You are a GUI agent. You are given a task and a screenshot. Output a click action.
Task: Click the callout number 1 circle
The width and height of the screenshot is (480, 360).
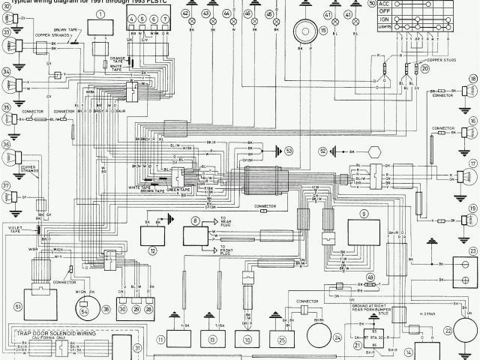click(99, 14)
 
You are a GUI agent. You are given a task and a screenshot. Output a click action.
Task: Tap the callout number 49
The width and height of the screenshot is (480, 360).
click(370, 277)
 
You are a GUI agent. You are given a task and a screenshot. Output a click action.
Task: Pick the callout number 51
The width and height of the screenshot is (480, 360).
click(19, 307)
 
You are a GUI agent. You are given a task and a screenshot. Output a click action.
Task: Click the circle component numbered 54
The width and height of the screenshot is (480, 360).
click(84, 309)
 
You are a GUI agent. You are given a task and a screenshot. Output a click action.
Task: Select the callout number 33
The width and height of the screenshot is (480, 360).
click(6, 33)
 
